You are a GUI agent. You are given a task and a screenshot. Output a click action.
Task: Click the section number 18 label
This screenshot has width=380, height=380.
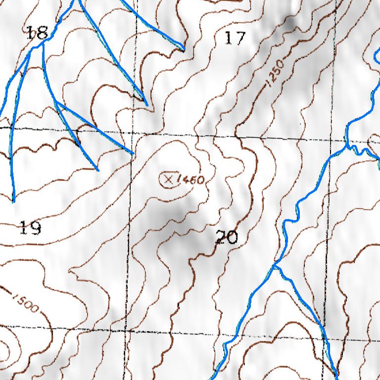[x=37, y=33]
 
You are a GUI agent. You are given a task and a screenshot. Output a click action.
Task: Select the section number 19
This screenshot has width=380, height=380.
[x=30, y=228]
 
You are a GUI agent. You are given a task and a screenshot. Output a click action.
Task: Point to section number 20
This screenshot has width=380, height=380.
[x=227, y=237]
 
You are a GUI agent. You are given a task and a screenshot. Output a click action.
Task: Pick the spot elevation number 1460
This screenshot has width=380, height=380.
[x=191, y=180]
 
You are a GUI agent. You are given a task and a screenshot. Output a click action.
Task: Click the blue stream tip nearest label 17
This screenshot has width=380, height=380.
[x=184, y=50]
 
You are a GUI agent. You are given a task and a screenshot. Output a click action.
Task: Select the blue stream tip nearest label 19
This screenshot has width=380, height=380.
[x=13, y=201]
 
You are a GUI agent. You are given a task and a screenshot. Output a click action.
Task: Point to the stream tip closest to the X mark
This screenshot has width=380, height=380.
[x=133, y=153]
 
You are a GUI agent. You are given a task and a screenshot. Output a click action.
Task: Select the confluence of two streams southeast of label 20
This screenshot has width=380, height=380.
[x=275, y=266]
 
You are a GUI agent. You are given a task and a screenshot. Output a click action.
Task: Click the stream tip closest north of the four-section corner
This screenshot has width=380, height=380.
[x=147, y=104]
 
